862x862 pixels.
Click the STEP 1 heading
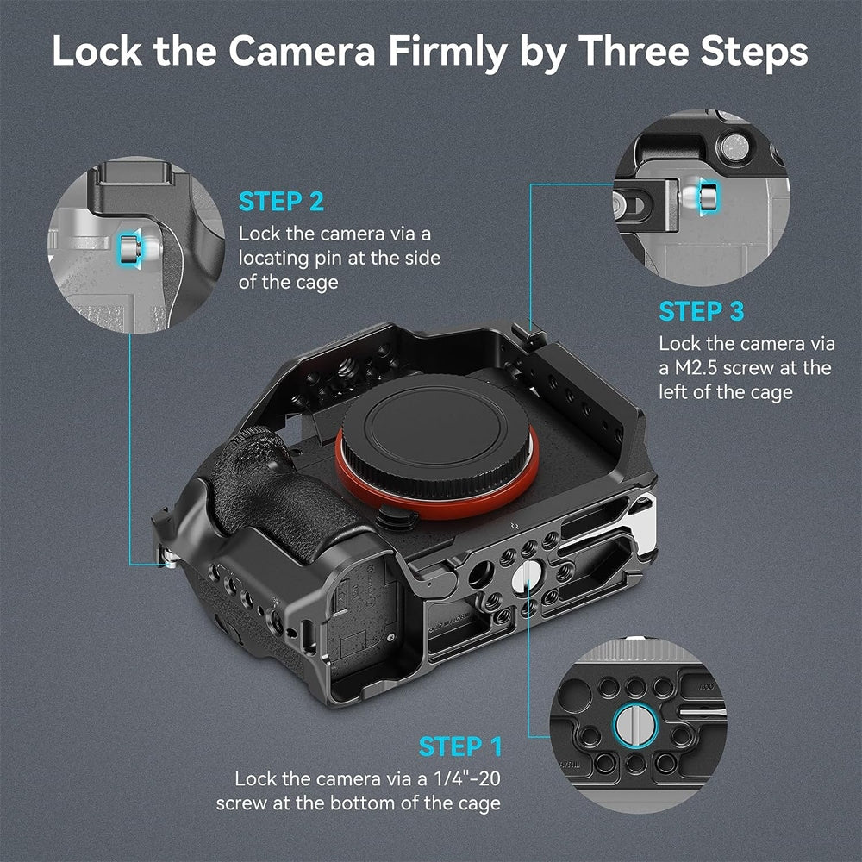(x=460, y=746)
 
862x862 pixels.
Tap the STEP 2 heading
(x=281, y=202)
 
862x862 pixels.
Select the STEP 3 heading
(x=702, y=310)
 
